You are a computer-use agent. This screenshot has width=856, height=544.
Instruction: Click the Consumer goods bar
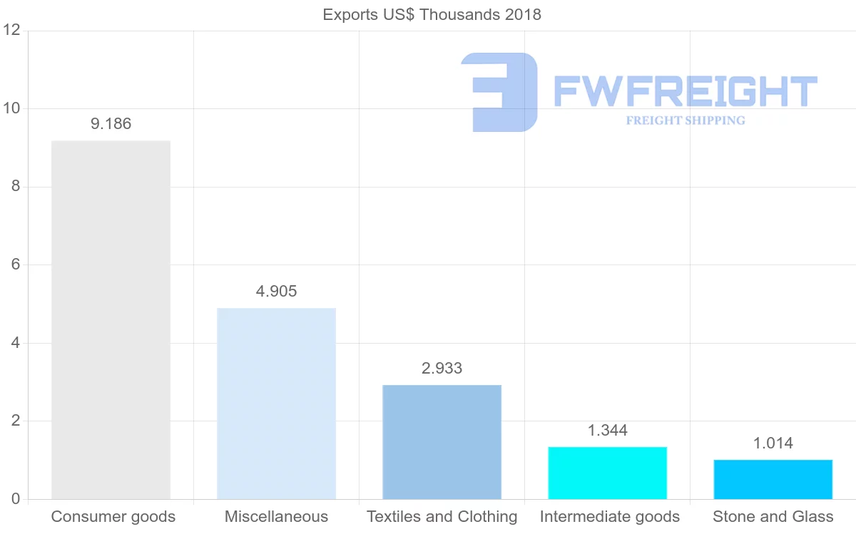[111, 320]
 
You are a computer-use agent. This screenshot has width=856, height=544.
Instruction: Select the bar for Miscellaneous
[276, 404]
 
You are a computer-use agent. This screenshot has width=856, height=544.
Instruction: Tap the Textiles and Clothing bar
[442, 442]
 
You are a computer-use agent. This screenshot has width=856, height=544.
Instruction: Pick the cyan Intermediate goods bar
[607, 473]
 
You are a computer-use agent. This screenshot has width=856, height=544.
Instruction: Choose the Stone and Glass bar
[773, 479]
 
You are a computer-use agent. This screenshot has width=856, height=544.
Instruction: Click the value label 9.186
[111, 124]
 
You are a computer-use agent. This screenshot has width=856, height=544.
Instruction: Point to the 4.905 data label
[276, 291]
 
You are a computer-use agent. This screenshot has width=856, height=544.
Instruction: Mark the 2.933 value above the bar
[442, 368]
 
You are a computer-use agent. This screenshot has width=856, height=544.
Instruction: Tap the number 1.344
[607, 430]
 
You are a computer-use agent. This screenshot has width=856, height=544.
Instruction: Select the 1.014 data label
[773, 443]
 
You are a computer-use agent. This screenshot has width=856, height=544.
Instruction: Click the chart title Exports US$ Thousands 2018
[432, 14]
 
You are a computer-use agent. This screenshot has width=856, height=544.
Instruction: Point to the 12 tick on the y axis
[11, 31]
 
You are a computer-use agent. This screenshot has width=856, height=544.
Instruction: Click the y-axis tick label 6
[15, 265]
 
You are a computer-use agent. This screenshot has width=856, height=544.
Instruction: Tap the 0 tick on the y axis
[15, 499]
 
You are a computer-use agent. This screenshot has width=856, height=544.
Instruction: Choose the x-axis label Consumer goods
[113, 517]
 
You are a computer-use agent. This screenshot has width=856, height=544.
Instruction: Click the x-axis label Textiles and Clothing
[442, 517]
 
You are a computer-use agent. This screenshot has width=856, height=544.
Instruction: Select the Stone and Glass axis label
[773, 517]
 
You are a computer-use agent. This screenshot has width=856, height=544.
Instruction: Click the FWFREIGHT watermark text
[685, 91]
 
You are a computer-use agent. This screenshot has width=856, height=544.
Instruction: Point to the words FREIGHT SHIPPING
[685, 120]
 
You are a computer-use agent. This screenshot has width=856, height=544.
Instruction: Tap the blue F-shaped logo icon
[499, 92]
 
